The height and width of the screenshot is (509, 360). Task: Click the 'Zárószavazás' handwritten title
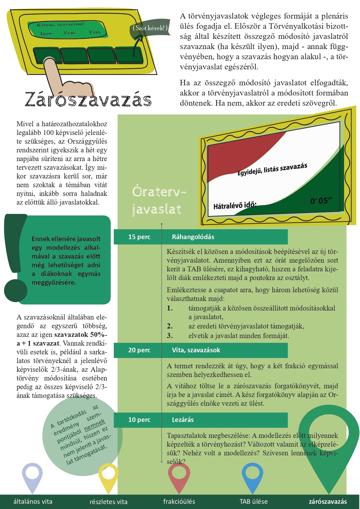click(x=88, y=99)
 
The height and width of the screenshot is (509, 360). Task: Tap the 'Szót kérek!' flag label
click(x=150, y=28)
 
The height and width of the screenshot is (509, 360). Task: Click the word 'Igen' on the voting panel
click(x=46, y=33)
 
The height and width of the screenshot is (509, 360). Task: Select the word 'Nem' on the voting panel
click(x=69, y=33)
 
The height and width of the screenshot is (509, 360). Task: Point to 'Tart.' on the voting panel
click(x=95, y=32)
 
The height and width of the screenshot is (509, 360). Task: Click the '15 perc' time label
click(x=139, y=237)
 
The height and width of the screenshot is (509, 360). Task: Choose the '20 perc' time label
click(x=139, y=350)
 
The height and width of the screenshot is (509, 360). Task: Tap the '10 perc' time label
click(x=139, y=420)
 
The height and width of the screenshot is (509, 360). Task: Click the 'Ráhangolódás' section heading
click(x=193, y=237)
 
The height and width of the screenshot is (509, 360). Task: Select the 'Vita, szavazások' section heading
click(x=196, y=350)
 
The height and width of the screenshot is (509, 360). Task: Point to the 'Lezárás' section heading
click(x=183, y=420)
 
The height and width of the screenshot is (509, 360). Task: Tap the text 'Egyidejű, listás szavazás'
click(x=272, y=169)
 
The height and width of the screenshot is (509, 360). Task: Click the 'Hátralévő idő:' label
click(x=235, y=205)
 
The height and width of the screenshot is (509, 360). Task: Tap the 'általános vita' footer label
click(x=33, y=501)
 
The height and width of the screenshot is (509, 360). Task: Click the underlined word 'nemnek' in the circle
click(x=95, y=425)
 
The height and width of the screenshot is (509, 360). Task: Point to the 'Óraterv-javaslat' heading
click(x=158, y=200)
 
